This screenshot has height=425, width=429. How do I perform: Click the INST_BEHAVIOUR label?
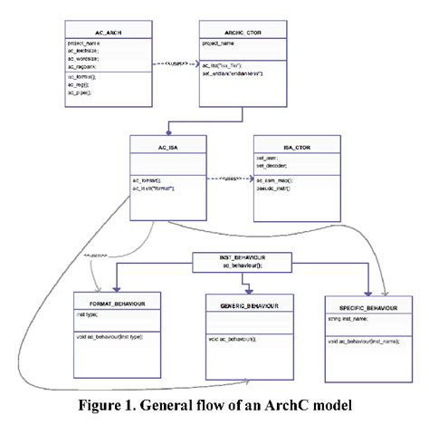242,256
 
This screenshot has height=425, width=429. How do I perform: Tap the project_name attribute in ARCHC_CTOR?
219,43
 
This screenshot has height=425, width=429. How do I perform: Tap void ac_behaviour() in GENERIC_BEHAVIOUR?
231,338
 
